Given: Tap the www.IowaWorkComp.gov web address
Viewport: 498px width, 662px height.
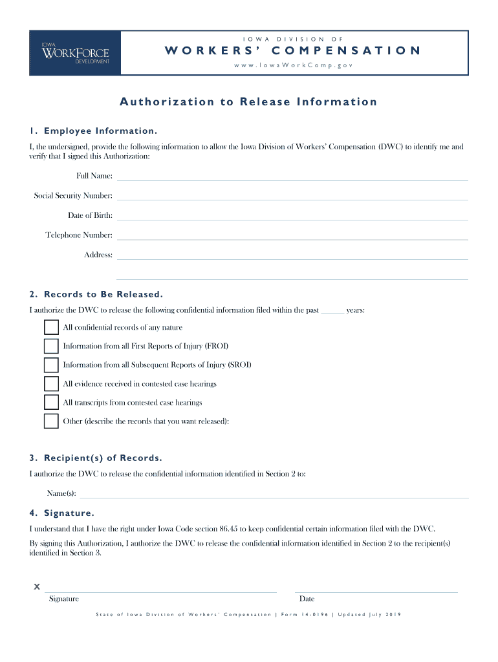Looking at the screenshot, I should click(x=294, y=65).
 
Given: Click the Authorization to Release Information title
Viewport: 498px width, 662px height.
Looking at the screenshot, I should click(x=248, y=101).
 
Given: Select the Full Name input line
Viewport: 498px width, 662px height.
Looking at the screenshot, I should click(x=292, y=176).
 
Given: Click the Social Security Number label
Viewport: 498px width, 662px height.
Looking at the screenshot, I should click(x=73, y=196).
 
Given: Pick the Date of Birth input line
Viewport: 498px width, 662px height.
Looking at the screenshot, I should click(x=292, y=216).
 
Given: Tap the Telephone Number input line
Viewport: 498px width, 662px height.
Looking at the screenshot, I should click(x=292, y=236).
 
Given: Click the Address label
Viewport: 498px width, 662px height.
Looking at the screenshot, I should click(x=98, y=255).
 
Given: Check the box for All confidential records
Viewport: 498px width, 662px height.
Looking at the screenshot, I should click(x=51, y=327).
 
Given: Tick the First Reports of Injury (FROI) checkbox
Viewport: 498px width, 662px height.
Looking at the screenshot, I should click(x=51, y=346).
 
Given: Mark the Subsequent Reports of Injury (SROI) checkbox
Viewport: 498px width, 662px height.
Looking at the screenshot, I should click(x=51, y=365).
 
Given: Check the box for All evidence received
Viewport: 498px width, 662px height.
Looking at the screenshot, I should click(x=51, y=383).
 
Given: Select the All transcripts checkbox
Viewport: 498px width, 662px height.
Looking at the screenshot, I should click(x=51, y=402).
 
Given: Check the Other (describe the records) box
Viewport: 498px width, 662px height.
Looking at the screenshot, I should click(x=51, y=422).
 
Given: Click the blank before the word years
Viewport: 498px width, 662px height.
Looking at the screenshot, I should click(x=332, y=311).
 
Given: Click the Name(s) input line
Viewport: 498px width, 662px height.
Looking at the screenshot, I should click(x=273, y=495).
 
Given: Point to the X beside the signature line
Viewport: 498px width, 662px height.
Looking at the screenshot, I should click(x=37, y=587).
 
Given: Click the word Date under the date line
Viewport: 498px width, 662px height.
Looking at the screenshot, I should click(x=307, y=599).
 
